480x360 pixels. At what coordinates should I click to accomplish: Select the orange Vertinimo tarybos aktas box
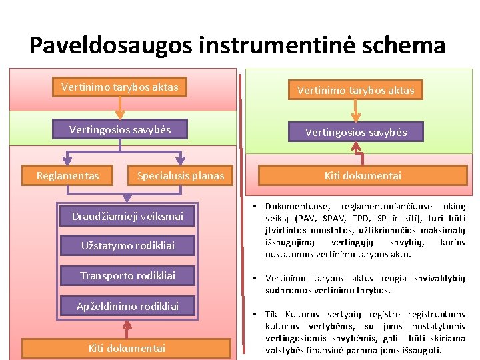point(120,87)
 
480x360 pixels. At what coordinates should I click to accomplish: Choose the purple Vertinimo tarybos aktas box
point(355,90)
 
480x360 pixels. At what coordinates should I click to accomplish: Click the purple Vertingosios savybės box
point(355,132)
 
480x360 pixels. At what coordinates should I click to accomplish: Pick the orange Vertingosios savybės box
point(120,129)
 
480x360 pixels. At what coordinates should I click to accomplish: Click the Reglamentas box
point(67,176)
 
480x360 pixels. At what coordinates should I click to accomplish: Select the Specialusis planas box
point(180,176)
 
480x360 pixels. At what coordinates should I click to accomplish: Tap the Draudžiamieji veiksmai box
point(127,216)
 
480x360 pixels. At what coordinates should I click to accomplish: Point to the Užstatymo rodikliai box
point(127,245)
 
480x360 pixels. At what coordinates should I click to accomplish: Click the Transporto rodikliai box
point(127,275)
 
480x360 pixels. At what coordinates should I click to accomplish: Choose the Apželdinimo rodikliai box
point(127,306)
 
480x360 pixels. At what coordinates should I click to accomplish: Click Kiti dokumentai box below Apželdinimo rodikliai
point(127,347)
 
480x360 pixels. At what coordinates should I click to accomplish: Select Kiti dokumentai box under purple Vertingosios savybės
point(363,176)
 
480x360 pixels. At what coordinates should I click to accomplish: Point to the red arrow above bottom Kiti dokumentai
point(127,327)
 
